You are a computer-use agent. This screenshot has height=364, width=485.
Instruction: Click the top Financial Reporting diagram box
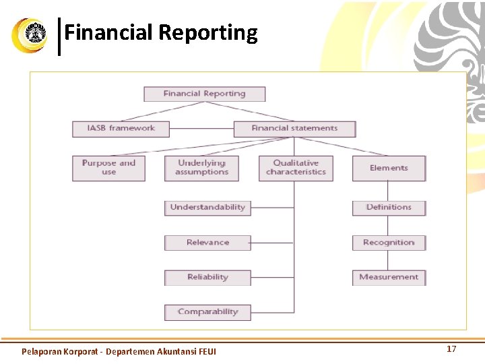(x=204, y=94)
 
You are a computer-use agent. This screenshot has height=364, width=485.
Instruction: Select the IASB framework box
(x=121, y=128)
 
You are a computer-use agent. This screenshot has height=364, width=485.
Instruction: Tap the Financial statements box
(x=294, y=128)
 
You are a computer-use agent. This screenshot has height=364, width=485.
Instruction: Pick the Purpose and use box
(x=108, y=168)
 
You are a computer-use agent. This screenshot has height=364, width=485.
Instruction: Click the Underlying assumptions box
(x=201, y=168)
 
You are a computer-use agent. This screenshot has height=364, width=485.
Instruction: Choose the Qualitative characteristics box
(x=296, y=168)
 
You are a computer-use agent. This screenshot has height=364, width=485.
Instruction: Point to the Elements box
(x=389, y=168)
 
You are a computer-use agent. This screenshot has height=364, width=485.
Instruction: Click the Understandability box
(x=207, y=208)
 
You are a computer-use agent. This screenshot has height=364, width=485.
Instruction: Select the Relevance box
(x=207, y=243)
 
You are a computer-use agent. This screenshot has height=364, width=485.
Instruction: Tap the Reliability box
(x=207, y=277)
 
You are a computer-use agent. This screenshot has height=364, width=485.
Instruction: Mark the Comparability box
(x=207, y=312)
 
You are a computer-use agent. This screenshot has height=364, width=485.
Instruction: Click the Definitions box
(x=389, y=208)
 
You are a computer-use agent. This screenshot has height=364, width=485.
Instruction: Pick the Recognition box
(x=389, y=243)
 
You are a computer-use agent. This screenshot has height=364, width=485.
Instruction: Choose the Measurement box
(x=389, y=277)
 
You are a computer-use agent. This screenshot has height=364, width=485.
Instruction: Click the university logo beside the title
(x=30, y=35)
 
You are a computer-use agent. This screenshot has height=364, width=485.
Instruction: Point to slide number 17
(x=451, y=349)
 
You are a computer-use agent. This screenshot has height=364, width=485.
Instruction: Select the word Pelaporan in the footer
(x=41, y=352)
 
